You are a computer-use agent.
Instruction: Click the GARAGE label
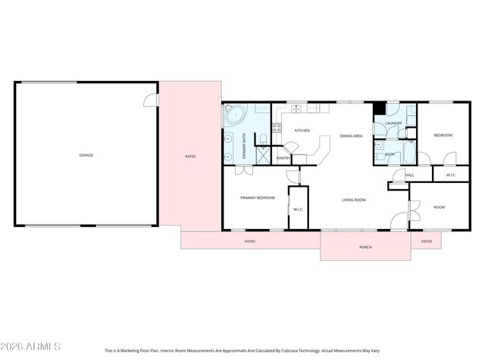[86, 155]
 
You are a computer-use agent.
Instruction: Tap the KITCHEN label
[302, 131]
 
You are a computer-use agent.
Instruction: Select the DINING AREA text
[350, 135]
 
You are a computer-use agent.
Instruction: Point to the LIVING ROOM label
[354, 200]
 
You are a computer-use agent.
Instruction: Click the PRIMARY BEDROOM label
[258, 197]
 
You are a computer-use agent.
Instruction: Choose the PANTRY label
[283, 158]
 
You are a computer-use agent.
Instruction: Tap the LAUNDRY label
[393, 123]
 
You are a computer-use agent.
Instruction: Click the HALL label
[410, 175]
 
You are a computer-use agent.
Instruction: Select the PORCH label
[365, 247]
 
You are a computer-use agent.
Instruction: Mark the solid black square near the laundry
[378, 108]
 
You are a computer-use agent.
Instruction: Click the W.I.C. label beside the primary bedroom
[299, 209]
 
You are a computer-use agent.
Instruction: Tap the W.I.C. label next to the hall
[450, 175]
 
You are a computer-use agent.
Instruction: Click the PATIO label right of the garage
[190, 157]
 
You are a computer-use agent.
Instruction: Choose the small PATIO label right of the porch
[427, 241]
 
